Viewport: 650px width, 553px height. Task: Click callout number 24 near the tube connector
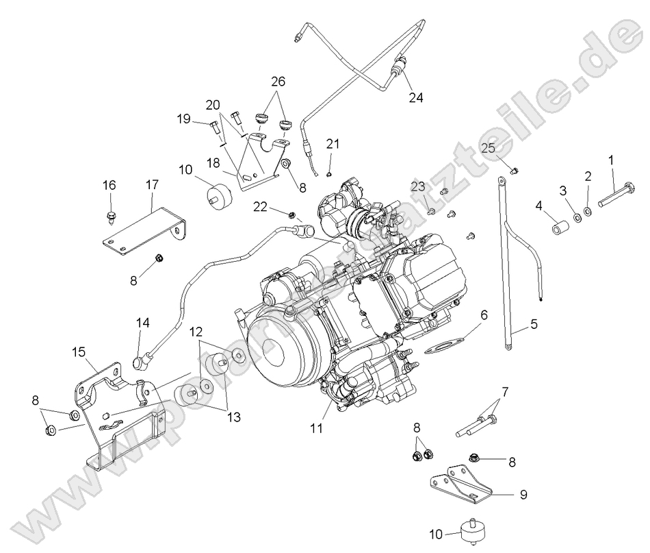(416, 97)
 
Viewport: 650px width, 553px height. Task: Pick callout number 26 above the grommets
(278, 81)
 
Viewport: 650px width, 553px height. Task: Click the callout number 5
(533, 325)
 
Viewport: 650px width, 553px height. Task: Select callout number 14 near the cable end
(142, 322)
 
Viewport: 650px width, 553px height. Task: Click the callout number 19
(183, 119)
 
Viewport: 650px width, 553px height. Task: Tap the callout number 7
(505, 392)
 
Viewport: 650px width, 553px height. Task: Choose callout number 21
(333, 143)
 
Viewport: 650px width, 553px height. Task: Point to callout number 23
(418, 186)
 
